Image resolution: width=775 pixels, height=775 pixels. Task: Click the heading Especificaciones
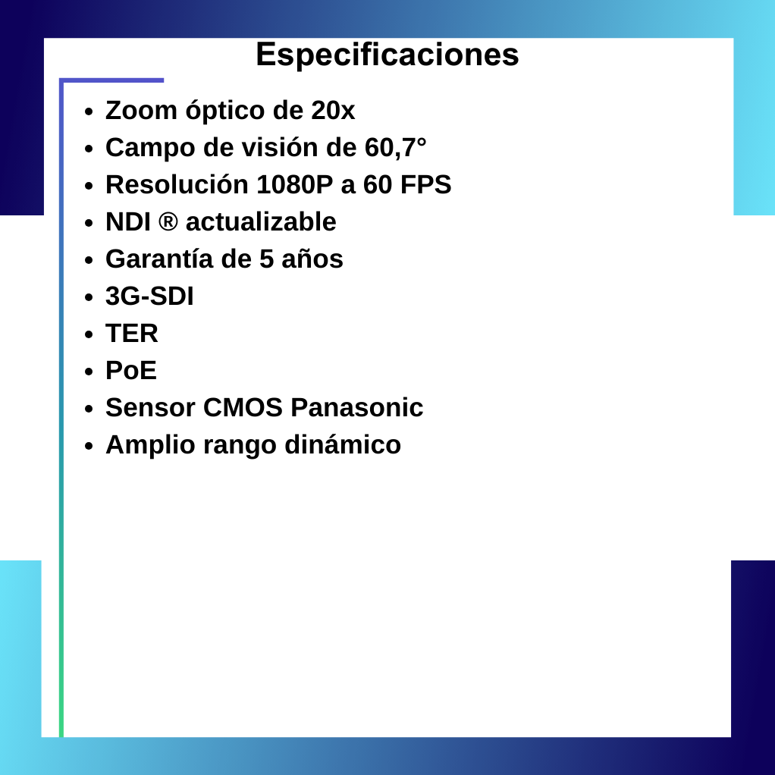pos(387,55)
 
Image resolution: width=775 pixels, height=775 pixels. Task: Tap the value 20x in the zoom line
pos(333,111)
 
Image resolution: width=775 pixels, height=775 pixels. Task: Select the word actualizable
pos(261,222)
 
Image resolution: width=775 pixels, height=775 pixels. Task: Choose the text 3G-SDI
pos(149,297)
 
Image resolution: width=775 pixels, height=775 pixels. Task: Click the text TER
pos(132,334)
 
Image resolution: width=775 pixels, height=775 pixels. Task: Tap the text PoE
pos(131,371)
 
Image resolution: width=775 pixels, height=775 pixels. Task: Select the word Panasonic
pos(357,408)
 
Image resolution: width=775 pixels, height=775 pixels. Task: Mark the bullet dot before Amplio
pos(89,446)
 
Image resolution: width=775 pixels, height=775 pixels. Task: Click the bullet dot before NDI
pos(89,223)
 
